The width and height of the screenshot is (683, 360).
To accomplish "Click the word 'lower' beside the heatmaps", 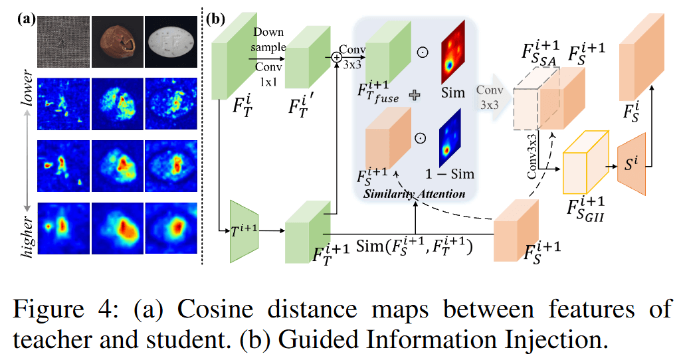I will pyautogui.click(x=25, y=98).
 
